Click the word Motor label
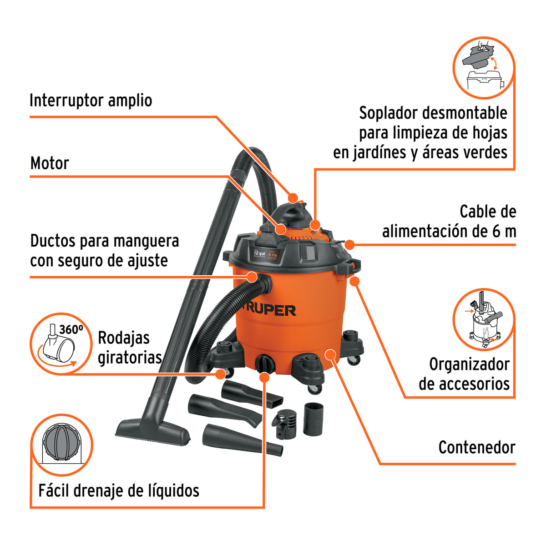point(50,163)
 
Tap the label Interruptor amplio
point(91,101)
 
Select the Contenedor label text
point(477,448)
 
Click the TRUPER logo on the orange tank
point(269,311)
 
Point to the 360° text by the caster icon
point(71,329)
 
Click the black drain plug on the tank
point(265,364)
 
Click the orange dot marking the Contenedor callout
point(330,355)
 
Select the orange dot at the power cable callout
point(350,245)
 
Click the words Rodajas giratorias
point(130,348)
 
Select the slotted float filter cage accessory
point(284,424)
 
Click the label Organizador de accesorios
point(464,374)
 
